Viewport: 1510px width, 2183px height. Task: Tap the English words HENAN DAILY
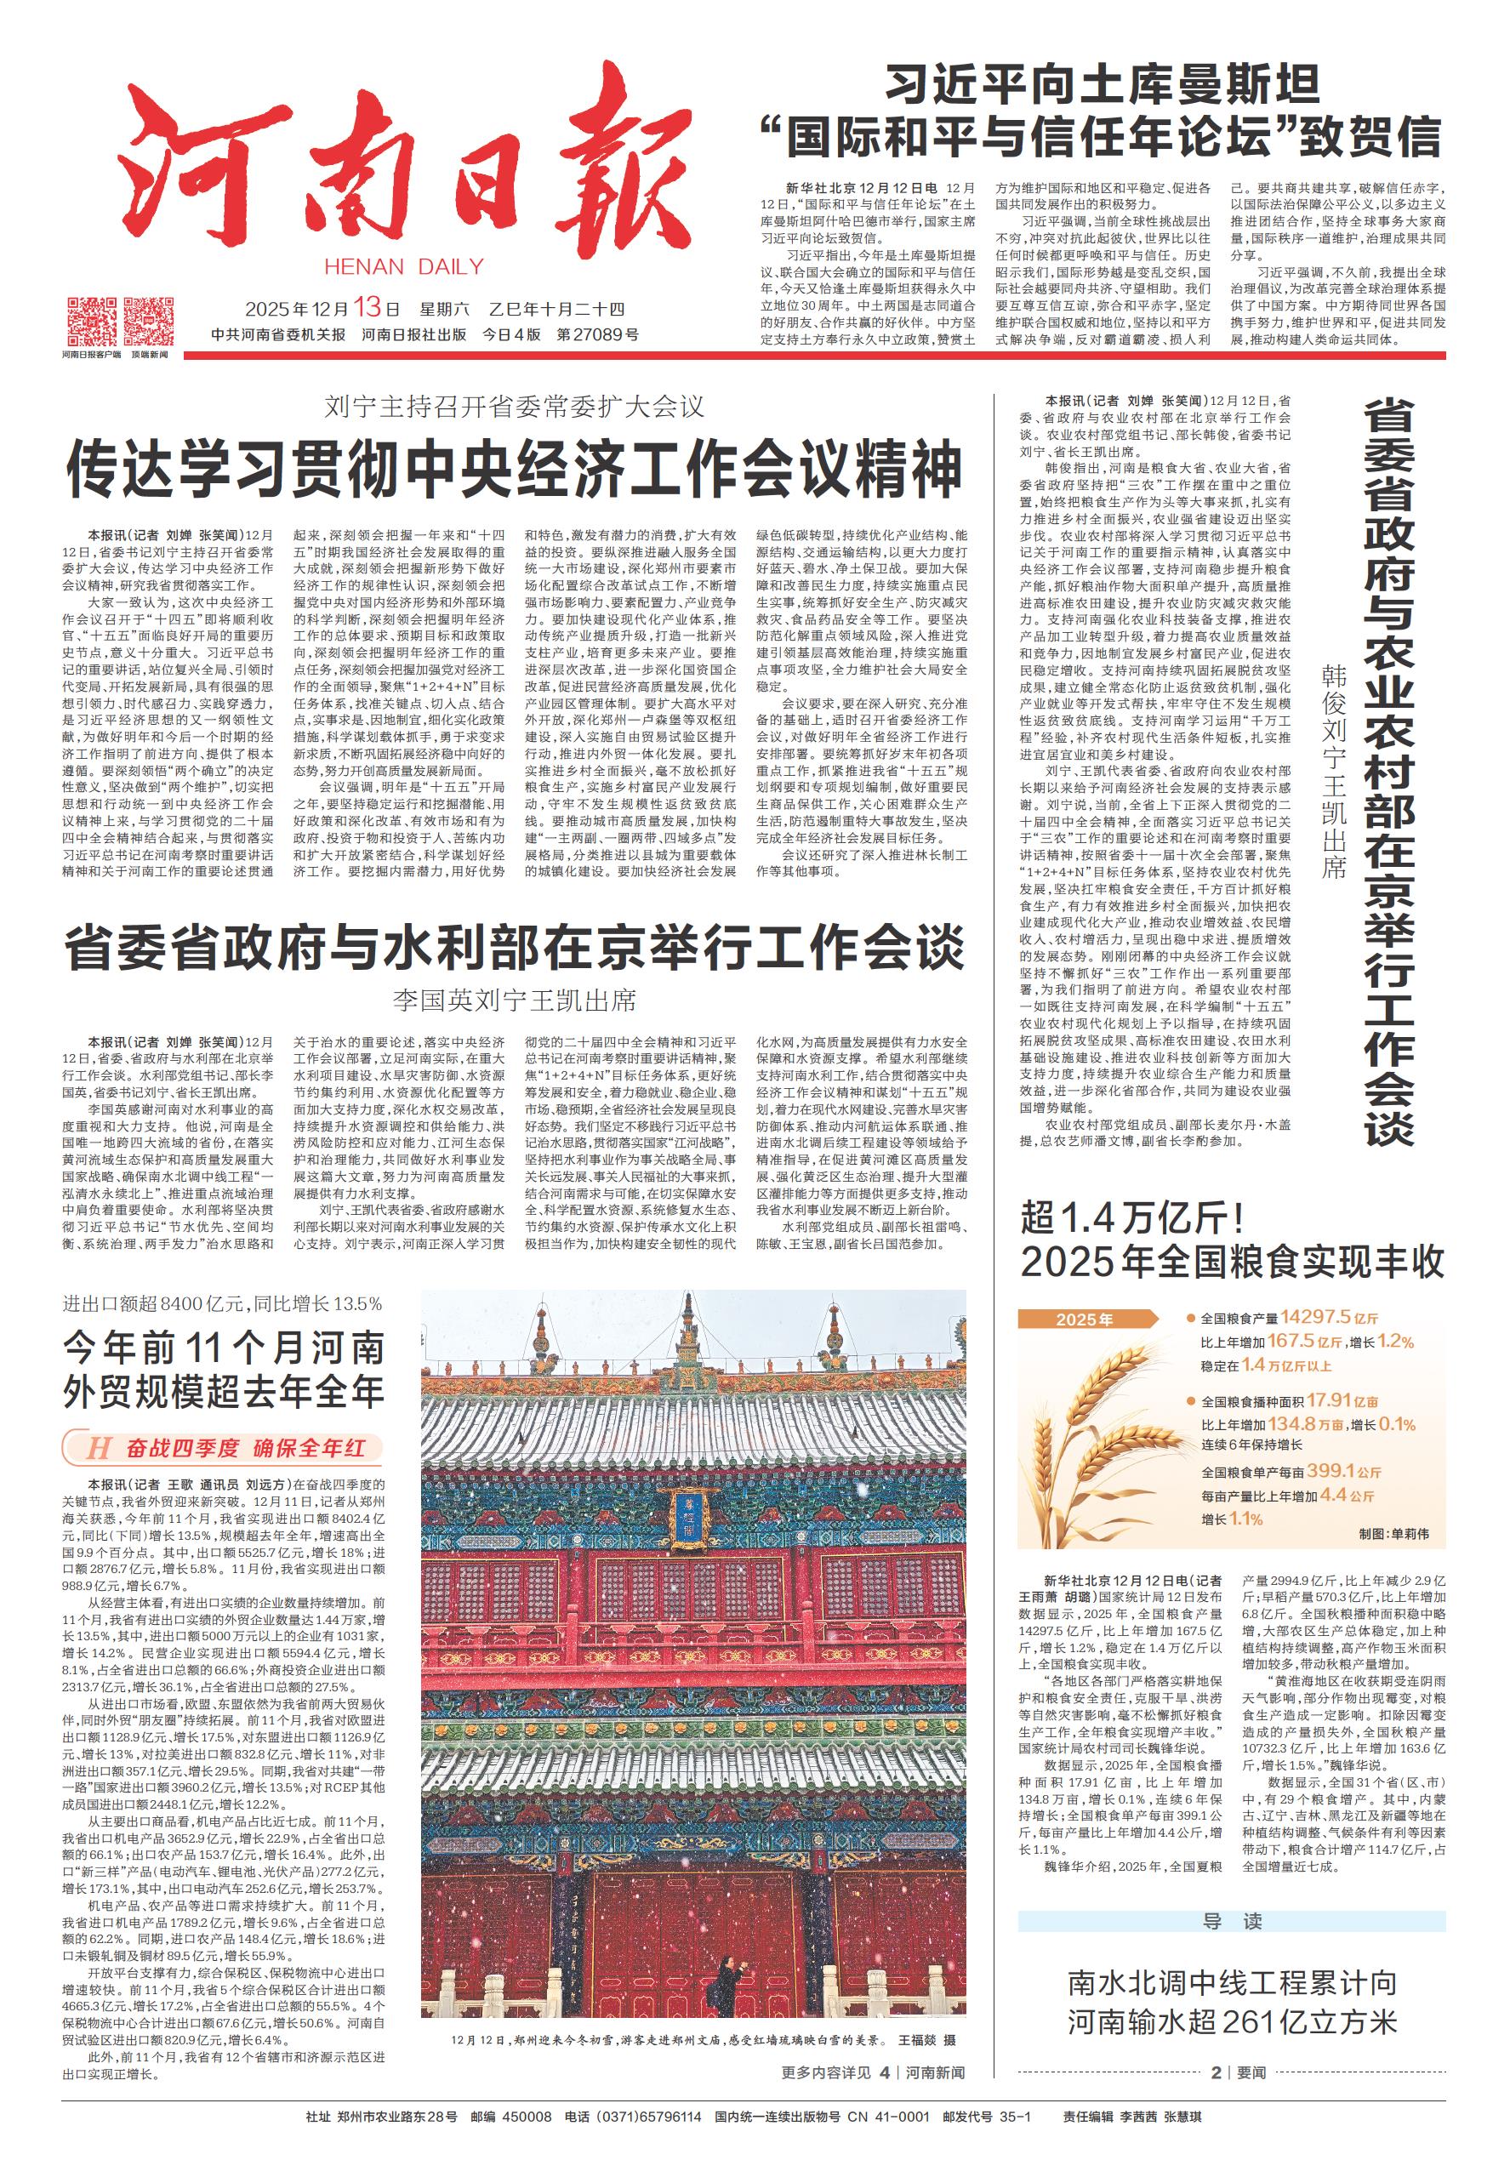coord(403,266)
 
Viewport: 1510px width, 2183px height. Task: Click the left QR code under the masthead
coord(91,321)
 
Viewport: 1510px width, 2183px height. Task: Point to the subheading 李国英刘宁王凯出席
coord(514,1000)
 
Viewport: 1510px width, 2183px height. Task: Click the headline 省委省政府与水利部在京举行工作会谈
coord(514,948)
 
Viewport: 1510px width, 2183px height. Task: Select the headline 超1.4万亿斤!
coord(1139,1217)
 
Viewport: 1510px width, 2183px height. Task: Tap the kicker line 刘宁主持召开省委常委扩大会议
coord(514,408)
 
